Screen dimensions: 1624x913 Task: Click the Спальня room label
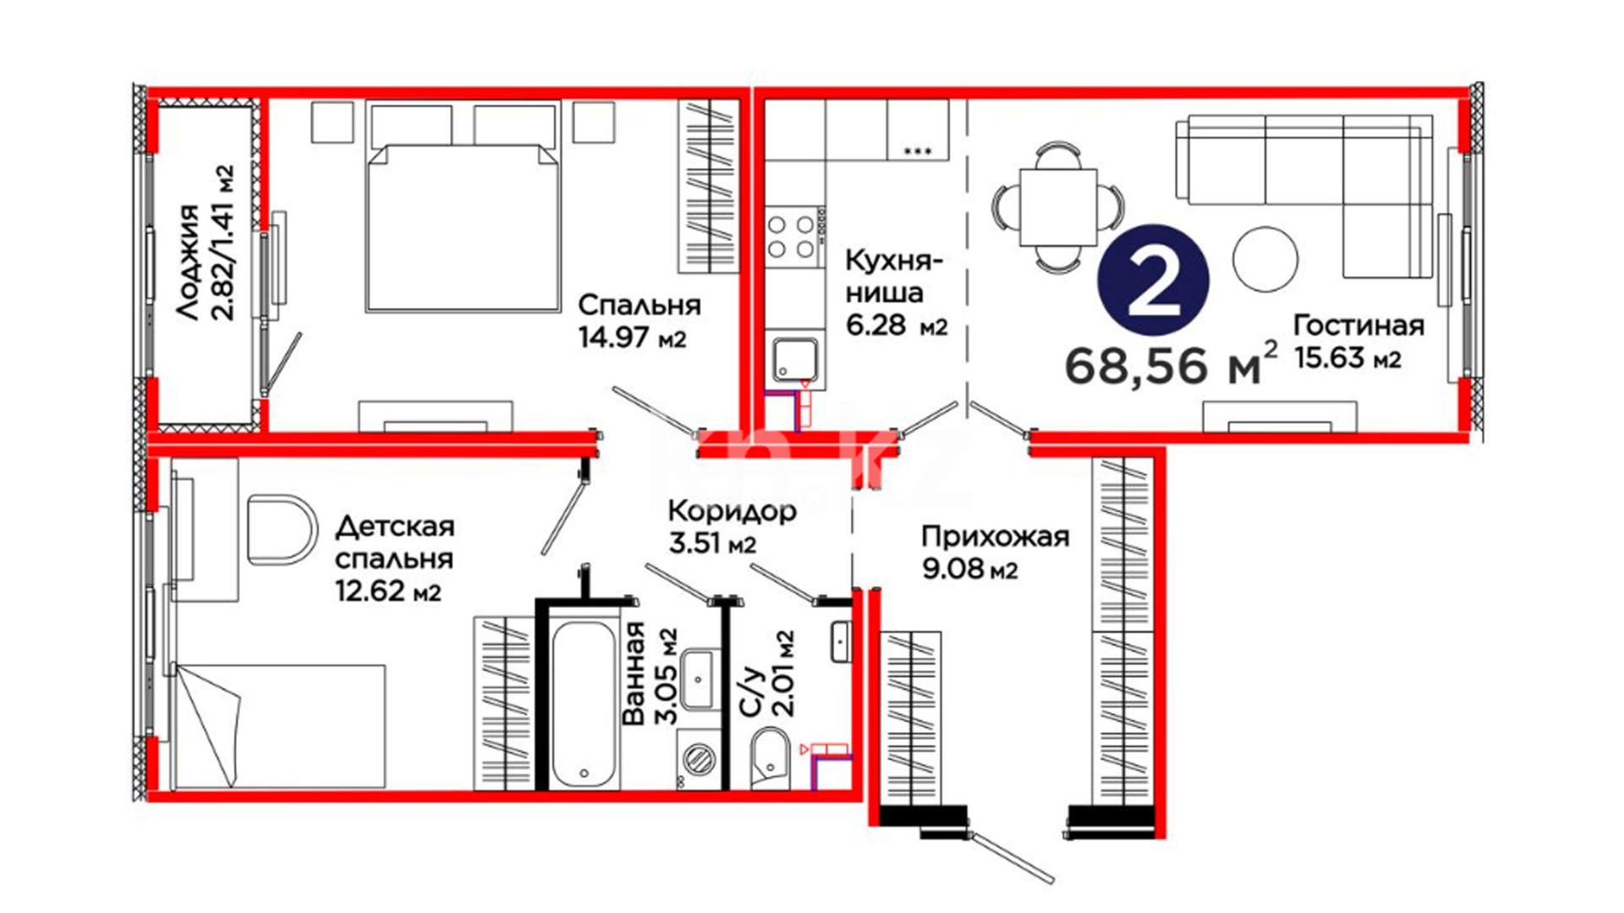[639, 304]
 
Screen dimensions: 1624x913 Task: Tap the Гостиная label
[1358, 325]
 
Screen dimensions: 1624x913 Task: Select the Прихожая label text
[995, 537]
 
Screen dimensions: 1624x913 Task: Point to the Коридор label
[732, 511]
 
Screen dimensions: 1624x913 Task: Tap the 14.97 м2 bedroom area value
[632, 337]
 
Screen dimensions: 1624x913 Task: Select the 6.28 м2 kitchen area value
[897, 325]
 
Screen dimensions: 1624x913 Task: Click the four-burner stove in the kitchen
[793, 237]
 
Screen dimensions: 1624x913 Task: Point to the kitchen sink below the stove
[795, 358]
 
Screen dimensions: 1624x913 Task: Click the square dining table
[1057, 206]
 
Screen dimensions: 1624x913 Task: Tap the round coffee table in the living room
[1265, 259]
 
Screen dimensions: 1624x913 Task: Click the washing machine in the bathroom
[699, 760]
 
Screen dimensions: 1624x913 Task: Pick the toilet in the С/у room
[770, 759]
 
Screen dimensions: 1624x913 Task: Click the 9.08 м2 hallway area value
[969, 569]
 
